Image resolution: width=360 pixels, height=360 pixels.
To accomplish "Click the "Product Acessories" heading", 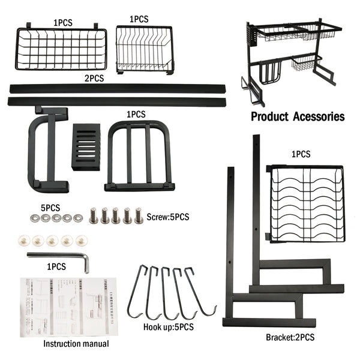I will (x=298, y=116).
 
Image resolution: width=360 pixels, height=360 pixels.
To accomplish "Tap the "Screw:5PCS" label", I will (x=169, y=216).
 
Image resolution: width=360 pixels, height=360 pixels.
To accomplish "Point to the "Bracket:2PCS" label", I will (x=290, y=337).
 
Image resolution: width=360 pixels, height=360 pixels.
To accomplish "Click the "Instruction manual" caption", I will (x=76, y=344).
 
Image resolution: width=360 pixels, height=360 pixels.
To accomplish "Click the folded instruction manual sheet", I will (x=67, y=306).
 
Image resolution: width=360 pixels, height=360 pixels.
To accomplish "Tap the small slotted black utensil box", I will (x=86, y=147).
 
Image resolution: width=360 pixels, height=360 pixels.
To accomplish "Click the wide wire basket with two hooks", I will (x=61, y=48).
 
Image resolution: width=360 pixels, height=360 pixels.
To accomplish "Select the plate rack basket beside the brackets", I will (x=307, y=203).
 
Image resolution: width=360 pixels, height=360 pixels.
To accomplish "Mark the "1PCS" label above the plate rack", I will (x=301, y=154).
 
